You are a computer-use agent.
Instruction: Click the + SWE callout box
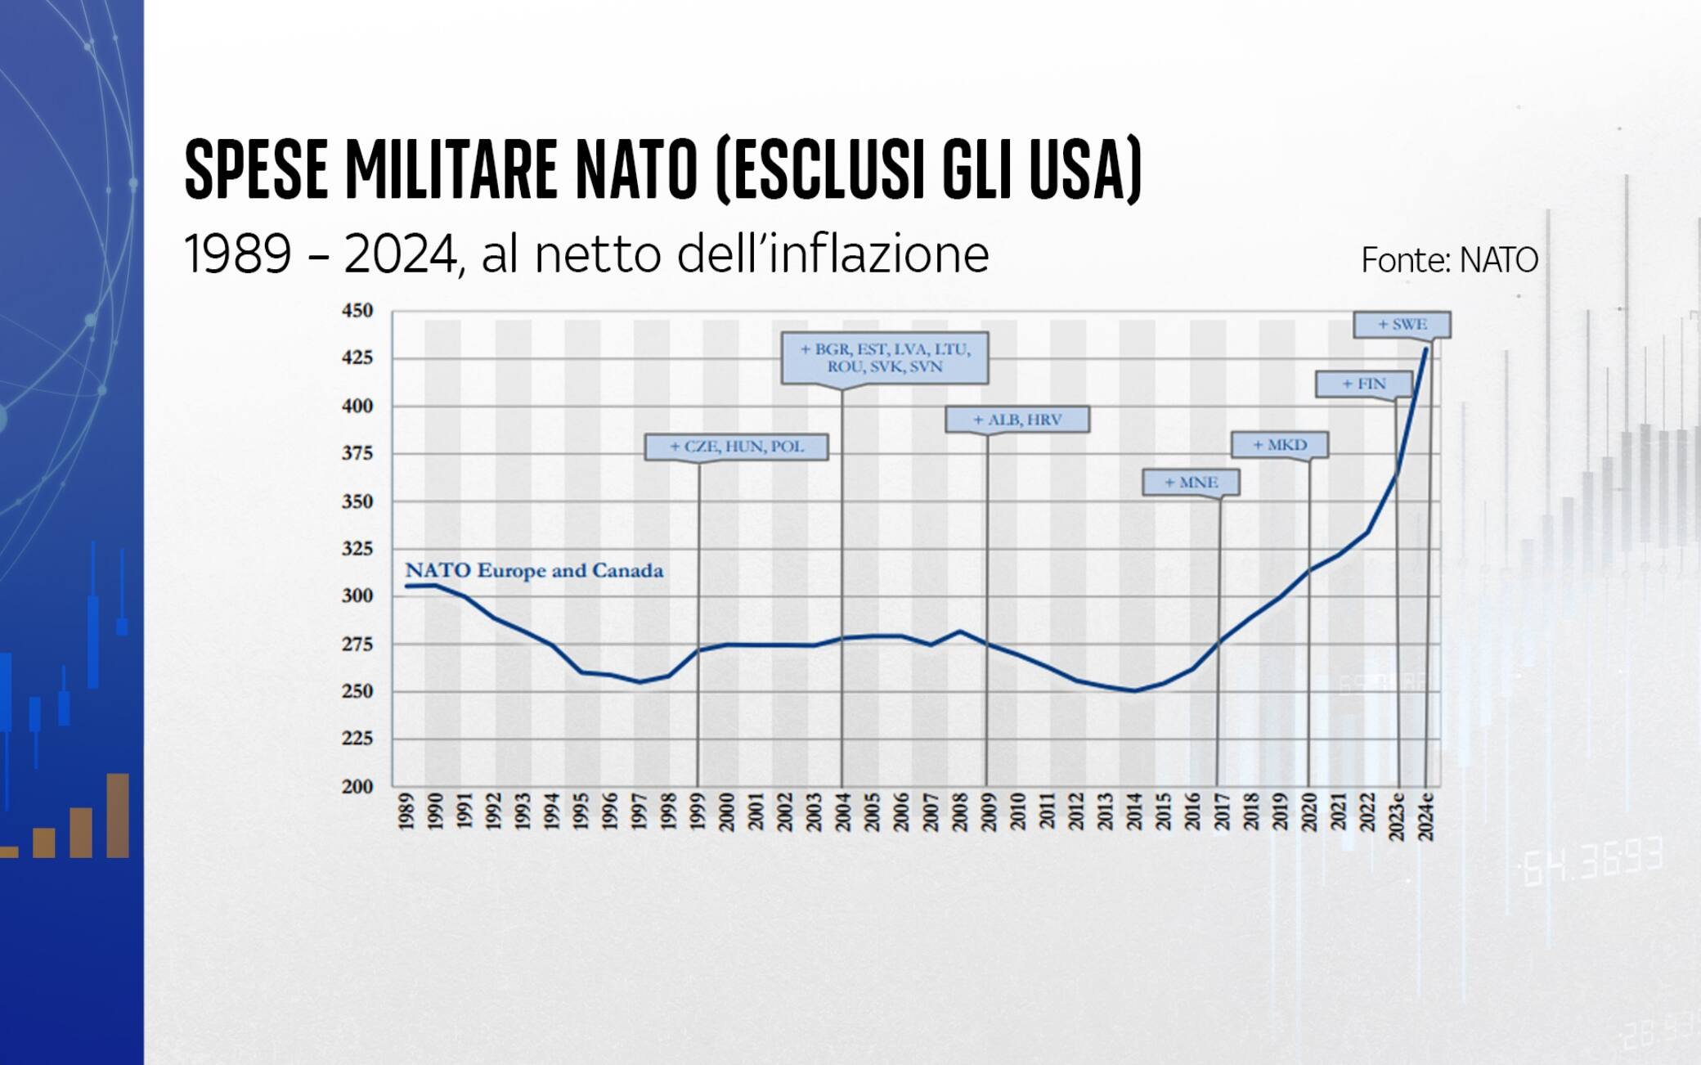(1402, 325)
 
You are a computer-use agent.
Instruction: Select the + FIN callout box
(1363, 384)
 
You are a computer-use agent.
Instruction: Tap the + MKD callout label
(1280, 445)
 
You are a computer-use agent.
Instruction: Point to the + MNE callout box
(1191, 483)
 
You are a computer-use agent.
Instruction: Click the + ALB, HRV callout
(1017, 420)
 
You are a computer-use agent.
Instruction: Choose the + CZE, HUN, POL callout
(736, 447)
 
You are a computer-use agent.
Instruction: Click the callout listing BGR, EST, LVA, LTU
(885, 358)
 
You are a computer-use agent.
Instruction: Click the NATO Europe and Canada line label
(534, 570)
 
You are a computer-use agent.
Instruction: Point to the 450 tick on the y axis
(357, 311)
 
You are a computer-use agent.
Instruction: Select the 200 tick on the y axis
(357, 786)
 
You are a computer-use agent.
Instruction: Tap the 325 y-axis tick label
(357, 549)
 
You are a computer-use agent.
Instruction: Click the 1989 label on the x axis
(406, 811)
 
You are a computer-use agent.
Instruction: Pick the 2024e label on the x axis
(1425, 816)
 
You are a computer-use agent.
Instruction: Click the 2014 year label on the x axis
(1134, 811)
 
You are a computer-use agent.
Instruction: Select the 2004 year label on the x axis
(843, 811)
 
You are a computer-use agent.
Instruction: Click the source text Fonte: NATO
(1449, 260)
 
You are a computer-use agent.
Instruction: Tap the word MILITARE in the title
(451, 170)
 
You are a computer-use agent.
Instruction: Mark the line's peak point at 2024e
(1426, 349)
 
